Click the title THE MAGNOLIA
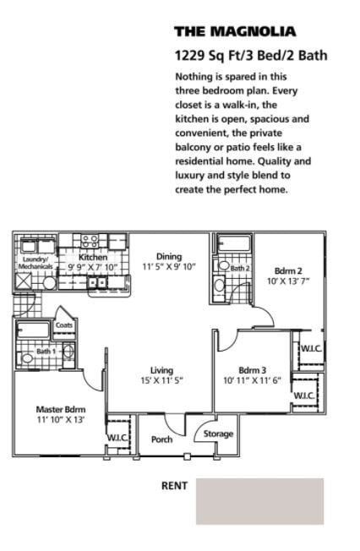coord(234,32)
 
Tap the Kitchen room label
coord(93,257)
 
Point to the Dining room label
coord(168,257)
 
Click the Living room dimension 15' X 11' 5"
coord(161,380)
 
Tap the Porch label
coord(161,439)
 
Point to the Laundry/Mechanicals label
coord(35,263)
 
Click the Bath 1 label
coord(45,351)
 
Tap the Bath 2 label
coord(240,268)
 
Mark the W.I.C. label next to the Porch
coord(117,437)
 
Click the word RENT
coord(174,486)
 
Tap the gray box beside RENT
coord(259,501)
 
